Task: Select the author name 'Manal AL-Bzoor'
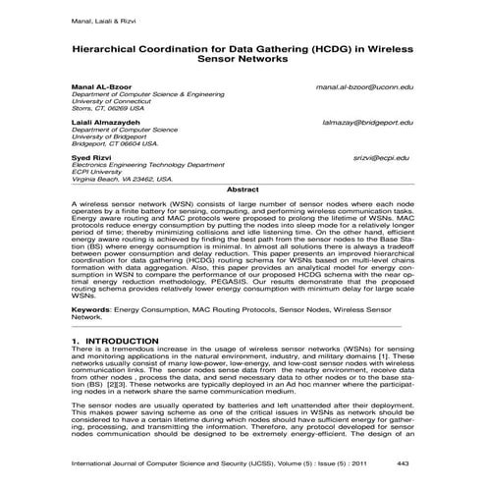point(97,86)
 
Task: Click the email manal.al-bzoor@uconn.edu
point(364,86)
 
